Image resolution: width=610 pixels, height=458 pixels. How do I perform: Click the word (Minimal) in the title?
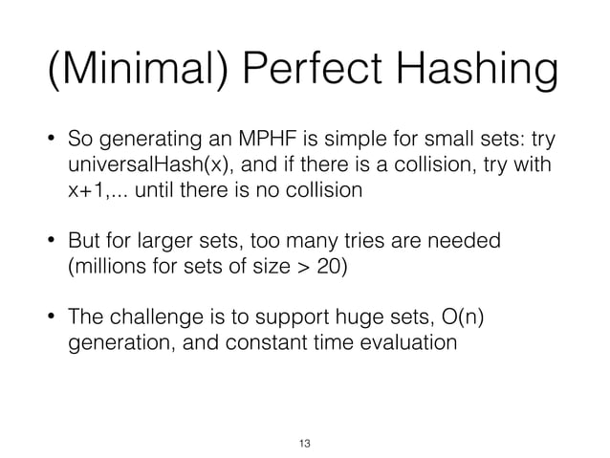click(x=133, y=71)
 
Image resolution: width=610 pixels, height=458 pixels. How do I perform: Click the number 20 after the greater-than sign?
click(x=328, y=264)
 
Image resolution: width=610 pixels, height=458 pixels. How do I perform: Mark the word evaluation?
click(x=405, y=339)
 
